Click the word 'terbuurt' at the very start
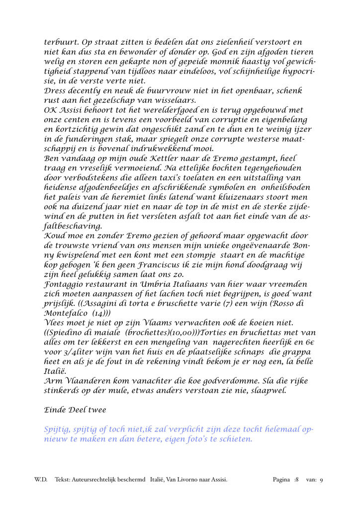tap(61, 43)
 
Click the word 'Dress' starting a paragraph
tap(56, 91)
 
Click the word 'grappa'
tap(299, 352)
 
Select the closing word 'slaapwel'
tap(270, 391)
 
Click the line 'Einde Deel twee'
tap(75, 411)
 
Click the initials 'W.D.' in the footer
tap(41, 480)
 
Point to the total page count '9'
tap(321, 480)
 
